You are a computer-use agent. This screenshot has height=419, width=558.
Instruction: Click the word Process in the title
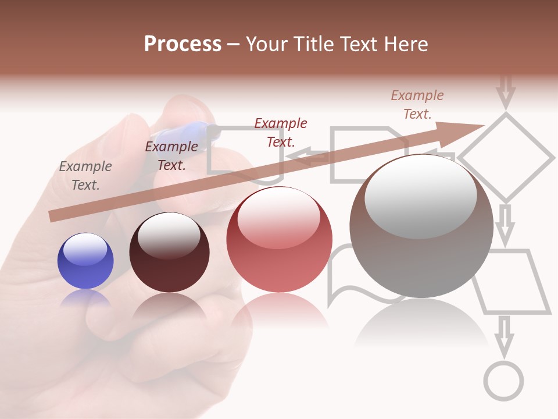183,44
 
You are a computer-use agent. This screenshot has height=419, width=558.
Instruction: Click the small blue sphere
85,261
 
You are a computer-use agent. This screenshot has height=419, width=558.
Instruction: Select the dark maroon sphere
169,253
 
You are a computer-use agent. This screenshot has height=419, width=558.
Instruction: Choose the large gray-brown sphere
421,226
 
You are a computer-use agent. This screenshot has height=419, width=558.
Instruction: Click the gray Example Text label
85,176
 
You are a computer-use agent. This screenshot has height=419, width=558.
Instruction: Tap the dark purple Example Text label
171,156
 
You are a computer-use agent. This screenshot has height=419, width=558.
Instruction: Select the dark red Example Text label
281,132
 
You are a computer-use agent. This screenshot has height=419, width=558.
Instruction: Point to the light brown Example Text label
417,105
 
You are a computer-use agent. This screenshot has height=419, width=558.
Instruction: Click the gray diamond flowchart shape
506,157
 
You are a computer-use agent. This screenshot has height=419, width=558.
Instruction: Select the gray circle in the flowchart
503,381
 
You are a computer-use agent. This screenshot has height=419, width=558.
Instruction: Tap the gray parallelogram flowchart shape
512,282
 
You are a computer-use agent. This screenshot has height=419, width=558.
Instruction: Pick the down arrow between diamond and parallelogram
505,224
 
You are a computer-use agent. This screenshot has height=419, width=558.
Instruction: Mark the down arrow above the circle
504,336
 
